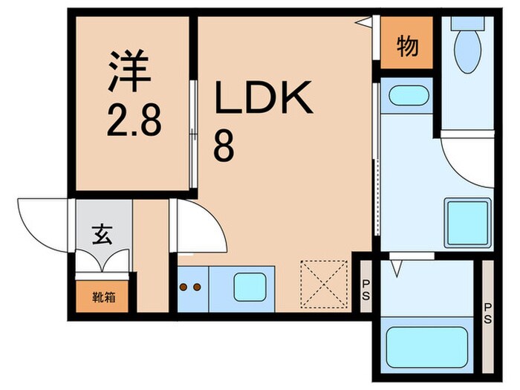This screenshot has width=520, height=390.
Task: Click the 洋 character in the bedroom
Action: (131, 69)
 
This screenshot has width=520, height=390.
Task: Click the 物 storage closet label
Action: (407, 47)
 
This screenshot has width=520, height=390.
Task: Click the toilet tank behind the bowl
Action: (467, 25)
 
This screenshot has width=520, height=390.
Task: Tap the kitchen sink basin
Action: (247, 286)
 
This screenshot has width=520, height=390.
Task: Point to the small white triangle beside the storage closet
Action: (364, 23)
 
